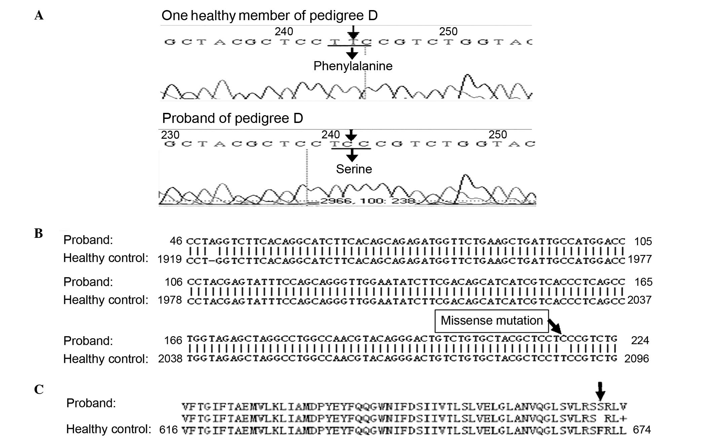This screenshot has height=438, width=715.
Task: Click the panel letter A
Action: (x=39, y=15)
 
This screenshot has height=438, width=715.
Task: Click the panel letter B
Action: (x=39, y=233)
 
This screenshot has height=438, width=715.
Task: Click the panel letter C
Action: (x=39, y=389)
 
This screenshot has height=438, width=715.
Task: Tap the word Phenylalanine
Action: (x=353, y=66)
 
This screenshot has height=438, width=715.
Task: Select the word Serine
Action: (x=354, y=169)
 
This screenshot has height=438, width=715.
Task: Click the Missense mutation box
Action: (x=491, y=321)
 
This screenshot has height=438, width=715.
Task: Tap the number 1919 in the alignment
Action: (x=170, y=259)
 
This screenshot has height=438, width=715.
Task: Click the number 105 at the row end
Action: (x=643, y=241)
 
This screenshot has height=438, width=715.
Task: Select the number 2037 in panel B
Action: (x=639, y=300)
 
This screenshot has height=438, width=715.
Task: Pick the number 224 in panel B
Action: (x=640, y=341)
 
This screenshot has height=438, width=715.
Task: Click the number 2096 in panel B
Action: (x=636, y=359)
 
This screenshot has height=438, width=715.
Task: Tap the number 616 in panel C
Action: (x=168, y=430)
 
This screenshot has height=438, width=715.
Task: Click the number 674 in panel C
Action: (x=642, y=430)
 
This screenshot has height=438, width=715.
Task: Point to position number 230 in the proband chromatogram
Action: (x=170, y=135)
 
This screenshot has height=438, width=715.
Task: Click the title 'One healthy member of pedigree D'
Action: (x=269, y=15)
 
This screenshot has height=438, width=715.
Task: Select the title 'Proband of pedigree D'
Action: (x=232, y=118)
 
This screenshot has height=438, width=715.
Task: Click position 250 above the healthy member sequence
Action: (x=448, y=32)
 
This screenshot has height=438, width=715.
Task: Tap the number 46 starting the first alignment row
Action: (x=176, y=241)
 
